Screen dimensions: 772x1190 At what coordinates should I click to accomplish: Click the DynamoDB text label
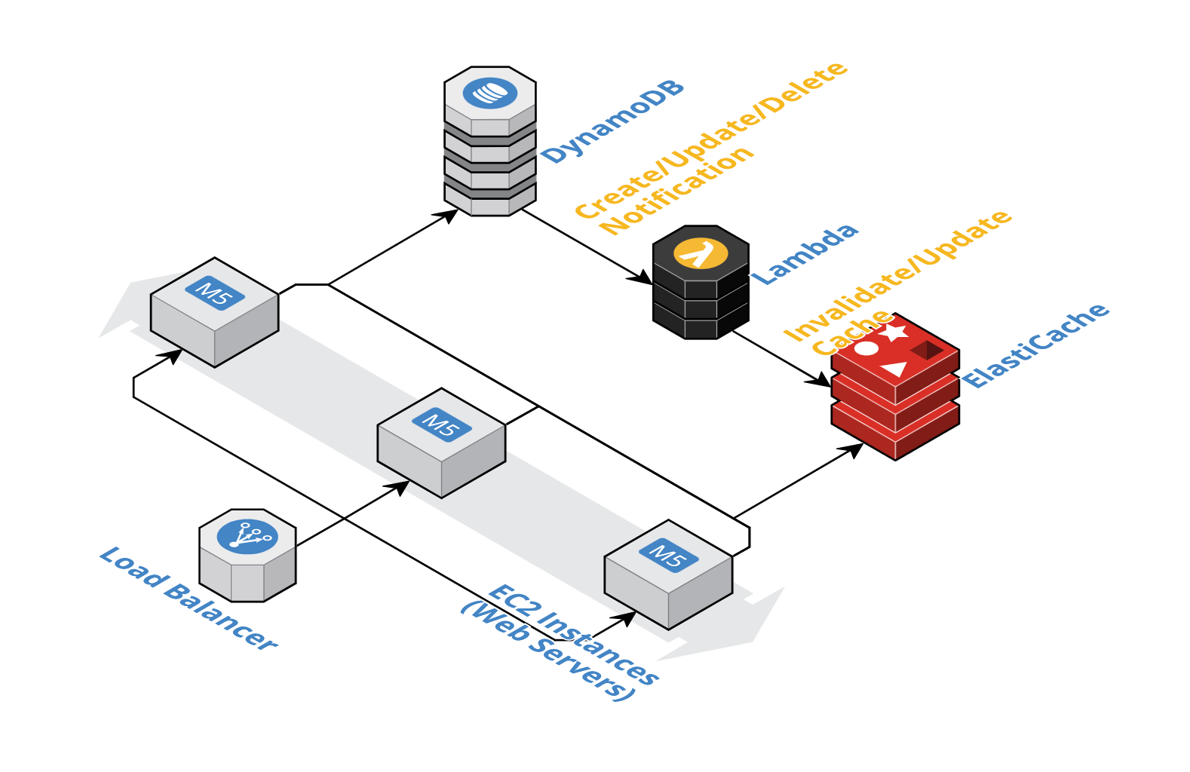click(613, 121)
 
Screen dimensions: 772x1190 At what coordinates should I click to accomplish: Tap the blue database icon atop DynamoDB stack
click(490, 93)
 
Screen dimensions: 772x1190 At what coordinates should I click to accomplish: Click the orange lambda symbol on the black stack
click(701, 253)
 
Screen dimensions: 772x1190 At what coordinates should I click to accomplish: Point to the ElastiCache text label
click(1035, 345)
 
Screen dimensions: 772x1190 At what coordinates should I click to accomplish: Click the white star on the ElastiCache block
click(896, 332)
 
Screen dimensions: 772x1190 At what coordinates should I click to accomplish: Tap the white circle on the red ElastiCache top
click(866, 348)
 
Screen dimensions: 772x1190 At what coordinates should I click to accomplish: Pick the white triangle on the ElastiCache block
click(895, 369)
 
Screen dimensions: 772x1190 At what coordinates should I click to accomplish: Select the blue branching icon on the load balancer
click(247, 537)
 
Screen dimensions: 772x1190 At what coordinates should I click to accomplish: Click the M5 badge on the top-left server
click(215, 293)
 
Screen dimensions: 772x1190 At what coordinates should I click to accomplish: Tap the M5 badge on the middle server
click(441, 424)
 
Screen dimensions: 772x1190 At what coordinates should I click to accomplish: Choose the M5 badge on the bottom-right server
click(668, 556)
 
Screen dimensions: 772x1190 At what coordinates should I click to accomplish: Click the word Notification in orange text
click(677, 190)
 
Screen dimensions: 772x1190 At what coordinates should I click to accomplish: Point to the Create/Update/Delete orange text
click(711, 140)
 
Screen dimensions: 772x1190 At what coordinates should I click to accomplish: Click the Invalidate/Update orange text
click(897, 276)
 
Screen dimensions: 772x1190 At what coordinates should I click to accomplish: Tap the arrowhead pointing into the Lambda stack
click(641, 278)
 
